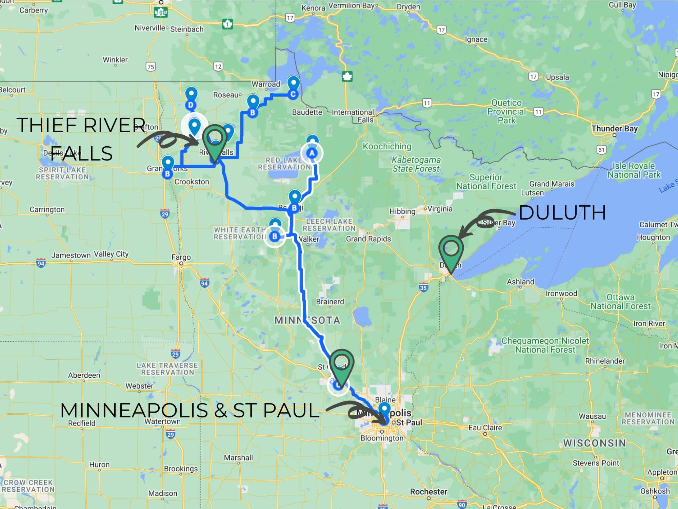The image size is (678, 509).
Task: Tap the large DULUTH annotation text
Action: click(x=562, y=213)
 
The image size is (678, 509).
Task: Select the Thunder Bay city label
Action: click(x=614, y=129)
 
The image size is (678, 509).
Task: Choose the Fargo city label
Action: click(x=181, y=258)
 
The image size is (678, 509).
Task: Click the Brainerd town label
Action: click(x=330, y=302)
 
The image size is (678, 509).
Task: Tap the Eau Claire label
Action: click(x=485, y=428)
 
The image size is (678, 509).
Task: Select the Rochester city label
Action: click(x=428, y=492)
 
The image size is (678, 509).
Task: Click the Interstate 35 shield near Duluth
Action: click(x=423, y=288)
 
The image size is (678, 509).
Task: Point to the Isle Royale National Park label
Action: click(x=634, y=170)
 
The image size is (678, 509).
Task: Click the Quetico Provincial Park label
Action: click(x=506, y=112)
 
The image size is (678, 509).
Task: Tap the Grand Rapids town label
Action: click(x=368, y=239)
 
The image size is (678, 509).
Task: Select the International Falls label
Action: click(x=353, y=116)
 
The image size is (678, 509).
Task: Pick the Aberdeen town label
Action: click(x=84, y=375)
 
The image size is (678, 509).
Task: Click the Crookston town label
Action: click(x=192, y=182)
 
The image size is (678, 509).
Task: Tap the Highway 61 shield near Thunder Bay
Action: click(x=601, y=150)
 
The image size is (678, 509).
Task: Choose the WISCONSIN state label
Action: click(x=594, y=443)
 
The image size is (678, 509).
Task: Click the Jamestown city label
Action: click(x=71, y=255)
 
